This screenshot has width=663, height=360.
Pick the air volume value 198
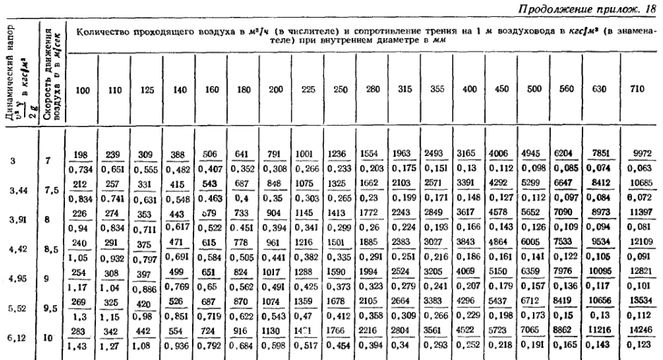pyautogui.click(x=87, y=152)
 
